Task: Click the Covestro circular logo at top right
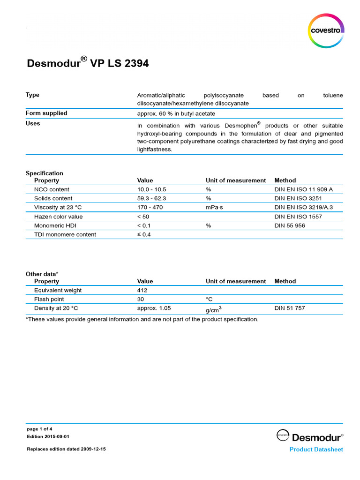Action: [326, 30]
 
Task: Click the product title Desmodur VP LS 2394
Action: [87, 63]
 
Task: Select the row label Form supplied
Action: [46, 113]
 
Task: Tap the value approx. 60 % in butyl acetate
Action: [176, 113]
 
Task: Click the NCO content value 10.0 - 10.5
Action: [152, 189]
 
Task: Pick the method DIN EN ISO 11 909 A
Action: [303, 189]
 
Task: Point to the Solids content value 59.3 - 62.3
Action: [152, 198]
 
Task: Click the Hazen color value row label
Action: [58, 217]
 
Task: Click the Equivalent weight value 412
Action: [142, 290]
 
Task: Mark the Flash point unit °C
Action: [209, 299]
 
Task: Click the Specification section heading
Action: [44, 173]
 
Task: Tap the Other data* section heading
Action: [42, 274]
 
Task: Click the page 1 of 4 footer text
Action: [40, 429]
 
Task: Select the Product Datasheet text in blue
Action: [316, 450]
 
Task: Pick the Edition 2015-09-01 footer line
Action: [48, 436]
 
